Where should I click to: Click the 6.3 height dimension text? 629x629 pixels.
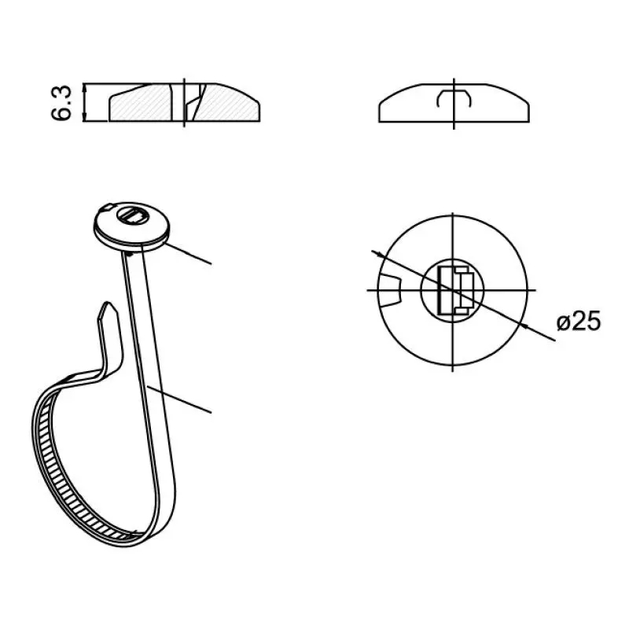click(61, 103)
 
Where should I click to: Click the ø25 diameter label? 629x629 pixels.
click(579, 322)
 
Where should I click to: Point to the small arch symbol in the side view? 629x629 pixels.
click(454, 98)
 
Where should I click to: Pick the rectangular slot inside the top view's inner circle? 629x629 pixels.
click(456, 290)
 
